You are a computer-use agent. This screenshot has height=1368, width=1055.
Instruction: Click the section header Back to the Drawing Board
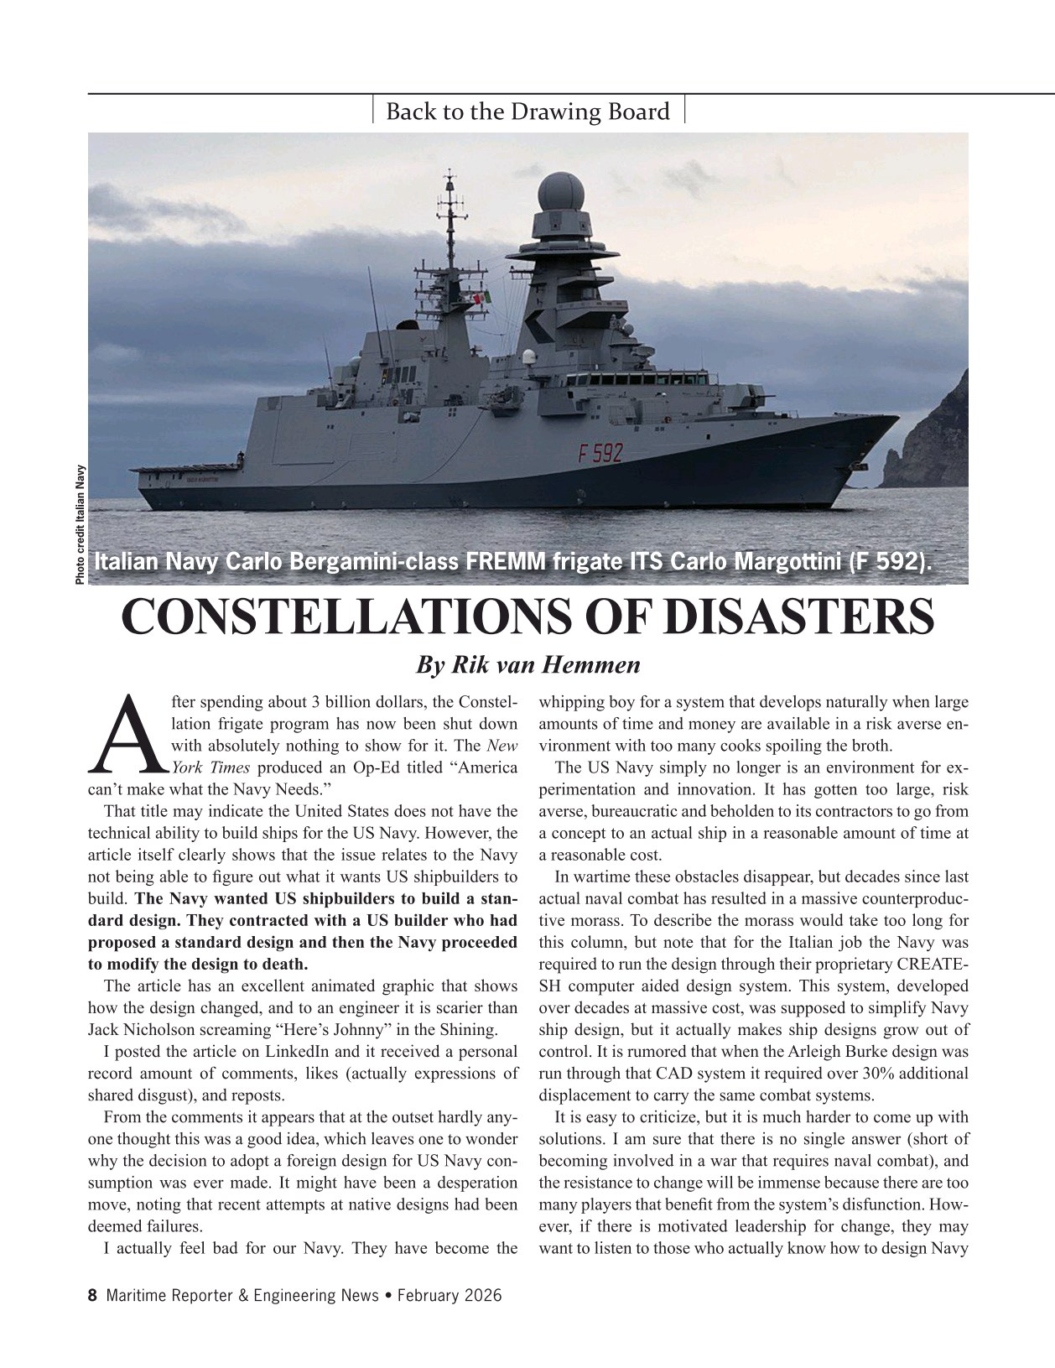(x=527, y=112)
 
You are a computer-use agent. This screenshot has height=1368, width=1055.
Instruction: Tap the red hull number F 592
(x=600, y=454)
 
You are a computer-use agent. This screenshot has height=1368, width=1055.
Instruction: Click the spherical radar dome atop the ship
(x=562, y=193)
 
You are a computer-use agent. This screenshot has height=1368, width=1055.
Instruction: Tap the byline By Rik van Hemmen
(x=527, y=665)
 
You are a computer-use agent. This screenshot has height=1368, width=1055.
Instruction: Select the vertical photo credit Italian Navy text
(x=80, y=525)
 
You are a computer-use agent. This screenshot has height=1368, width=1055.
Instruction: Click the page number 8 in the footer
(x=92, y=1296)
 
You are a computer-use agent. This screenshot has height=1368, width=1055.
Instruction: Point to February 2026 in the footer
(x=450, y=1296)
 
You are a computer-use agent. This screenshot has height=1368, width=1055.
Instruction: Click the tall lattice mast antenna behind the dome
(x=451, y=214)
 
